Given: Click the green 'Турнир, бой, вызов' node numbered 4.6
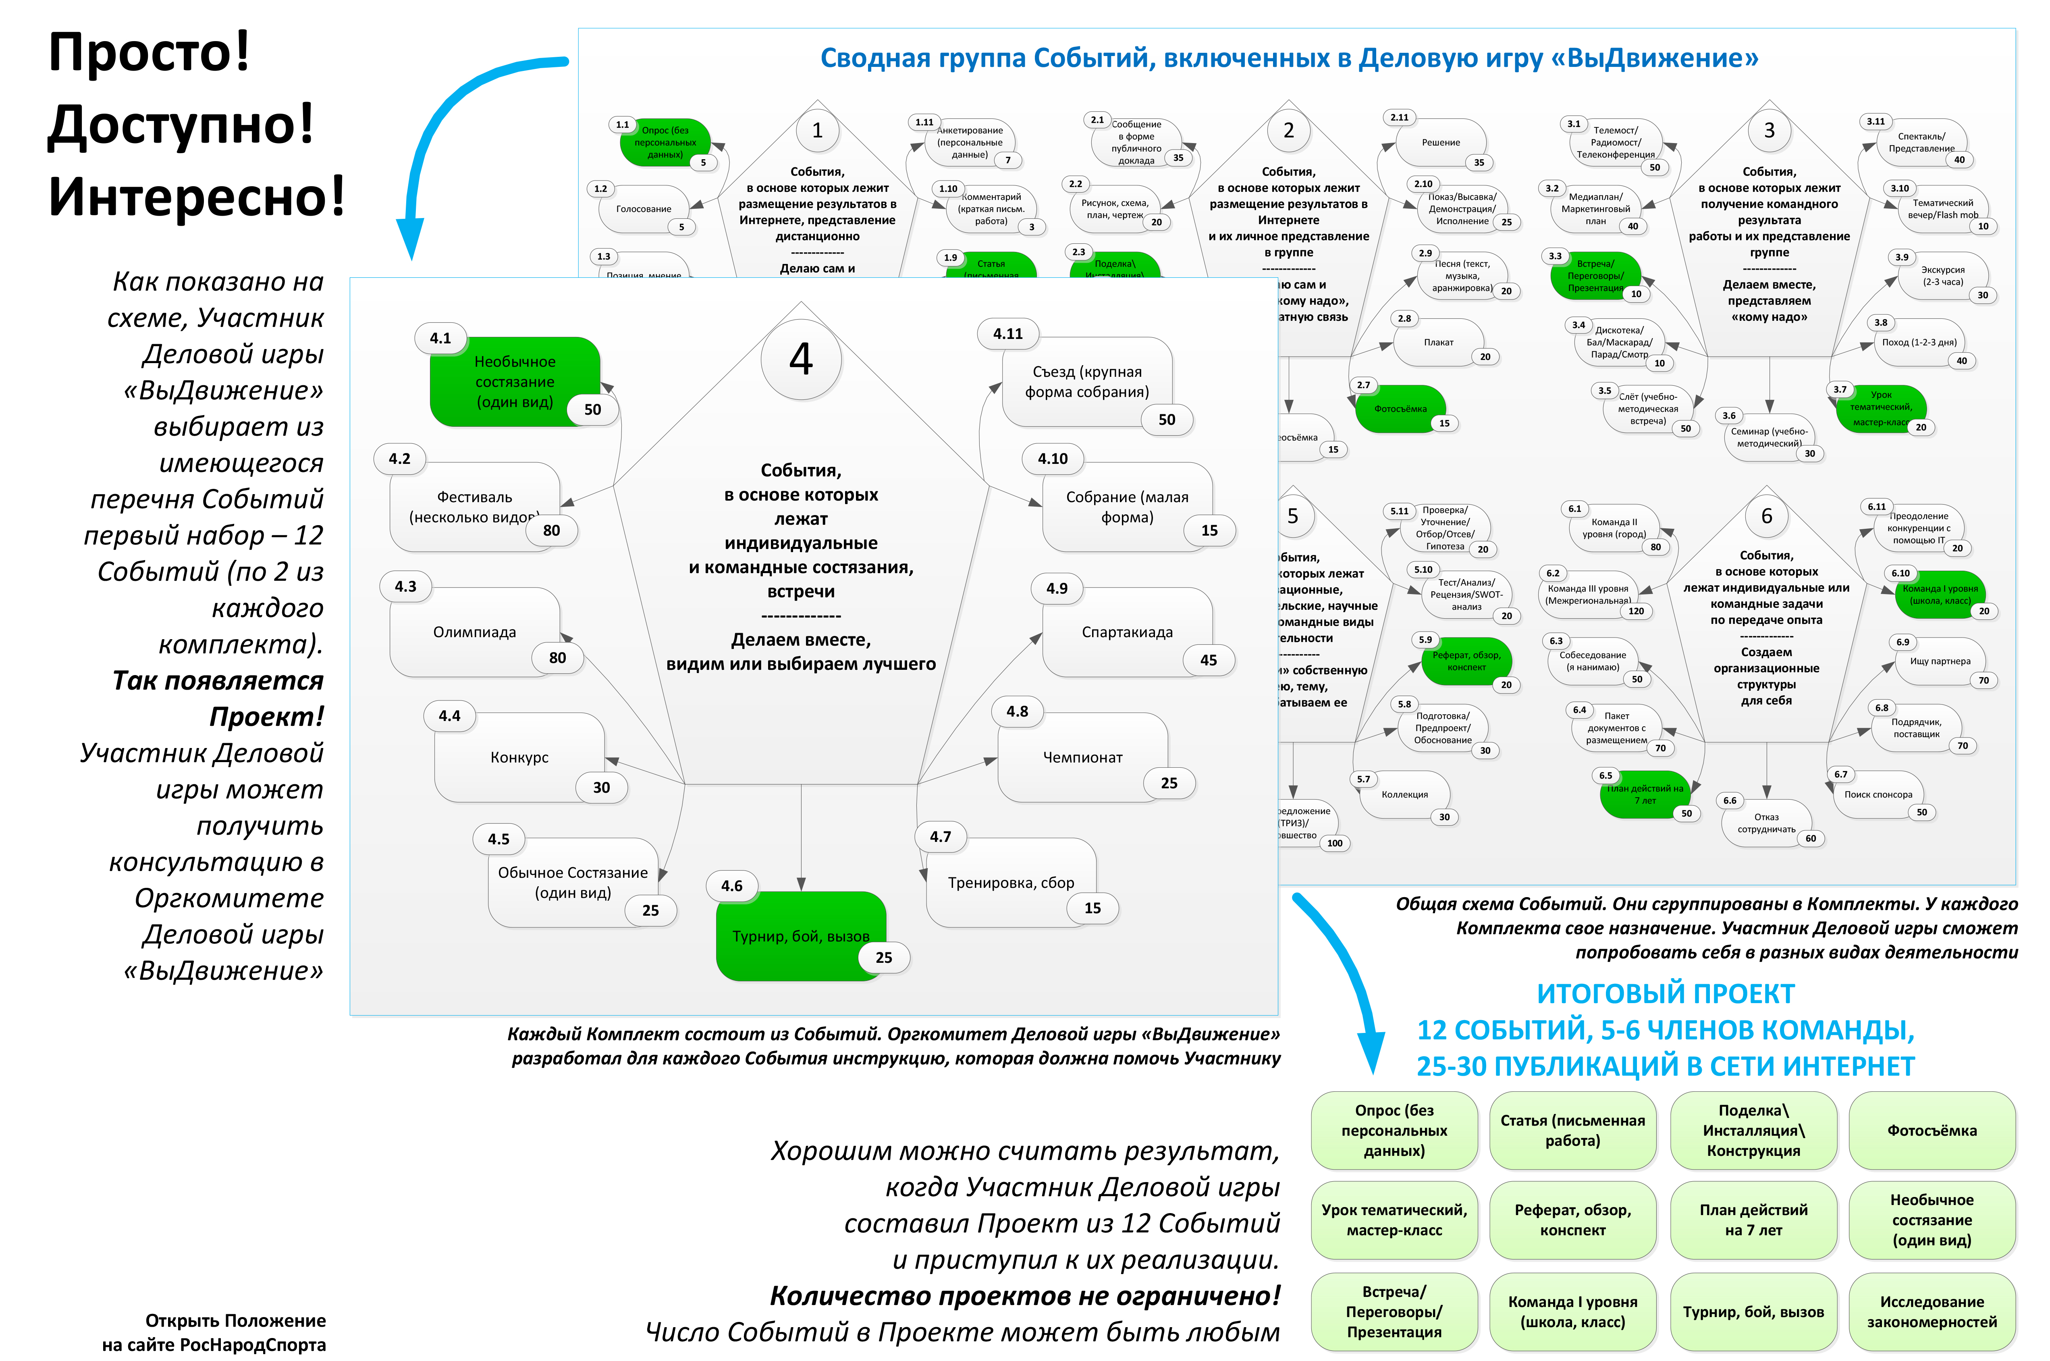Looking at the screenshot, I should [x=800, y=936].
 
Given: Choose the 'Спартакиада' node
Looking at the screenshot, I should [x=1126, y=632].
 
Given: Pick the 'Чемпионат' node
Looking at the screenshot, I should [x=1082, y=757].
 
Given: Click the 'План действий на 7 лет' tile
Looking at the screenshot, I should [x=1753, y=1220].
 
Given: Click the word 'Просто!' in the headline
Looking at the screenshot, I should [x=149, y=52].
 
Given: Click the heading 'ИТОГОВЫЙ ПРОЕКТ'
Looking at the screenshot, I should [x=1665, y=993].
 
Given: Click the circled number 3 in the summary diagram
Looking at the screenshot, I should [x=1769, y=130].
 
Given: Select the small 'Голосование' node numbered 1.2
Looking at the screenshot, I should [x=643, y=209].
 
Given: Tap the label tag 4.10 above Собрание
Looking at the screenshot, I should [x=1053, y=458].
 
